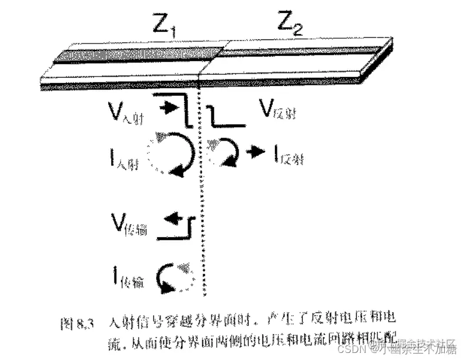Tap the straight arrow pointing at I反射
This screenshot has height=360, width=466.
(x=256, y=152)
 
